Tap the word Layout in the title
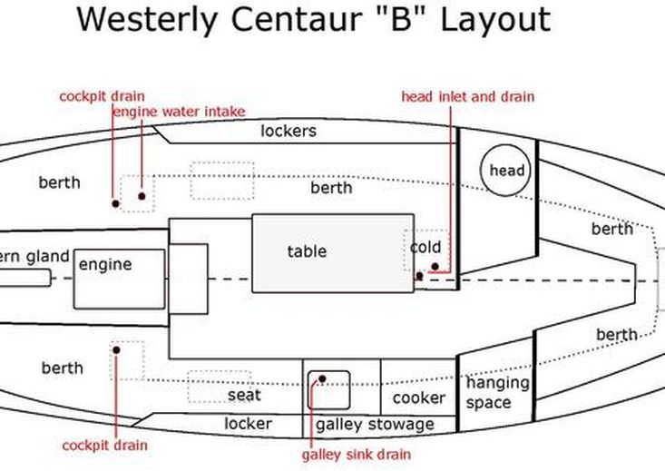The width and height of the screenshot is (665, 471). [495, 19]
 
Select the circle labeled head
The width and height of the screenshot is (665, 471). [507, 171]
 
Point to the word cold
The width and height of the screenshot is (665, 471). [425, 247]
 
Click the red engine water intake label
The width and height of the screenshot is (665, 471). [179, 112]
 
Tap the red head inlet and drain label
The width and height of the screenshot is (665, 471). [468, 96]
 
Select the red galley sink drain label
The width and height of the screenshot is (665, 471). [357, 454]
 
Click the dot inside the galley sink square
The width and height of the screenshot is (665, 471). [321, 378]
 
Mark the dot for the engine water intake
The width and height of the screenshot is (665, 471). [142, 195]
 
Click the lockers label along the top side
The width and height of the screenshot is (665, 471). [288, 131]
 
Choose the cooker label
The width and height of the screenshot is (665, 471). [418, 397]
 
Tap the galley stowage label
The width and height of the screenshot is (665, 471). [375, 424]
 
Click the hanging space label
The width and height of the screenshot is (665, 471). [497, 392]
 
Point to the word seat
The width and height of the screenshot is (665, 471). [244, 395]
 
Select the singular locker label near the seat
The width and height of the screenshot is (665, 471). [248, 423]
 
